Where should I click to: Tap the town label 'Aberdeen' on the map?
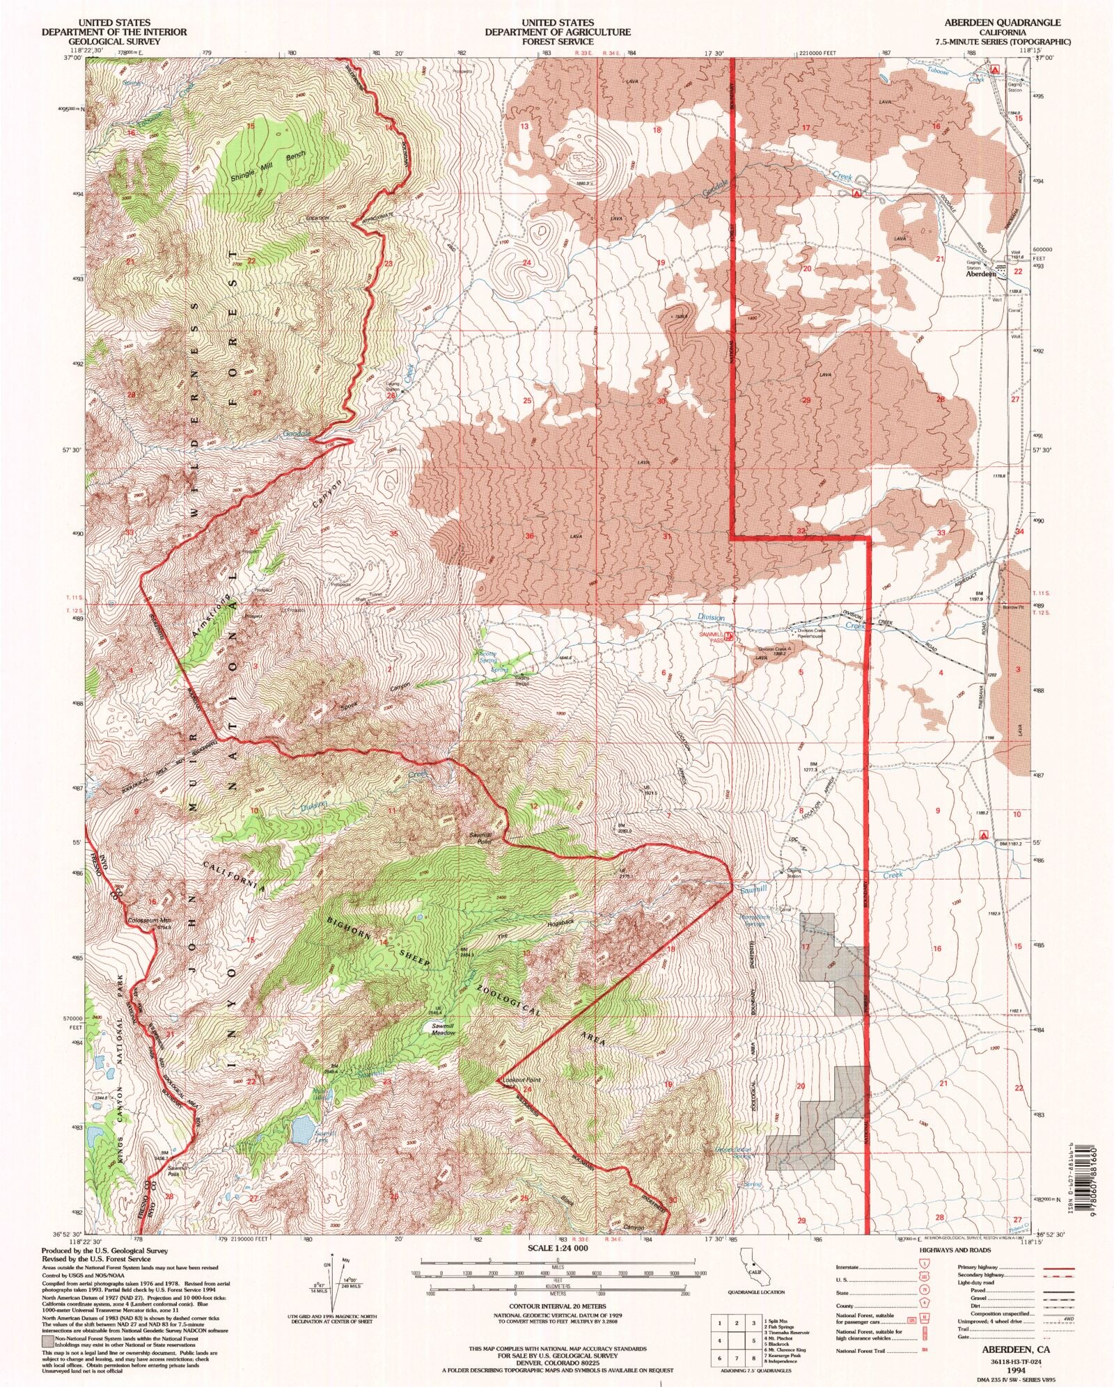pyautogui.click(x=982, y=274)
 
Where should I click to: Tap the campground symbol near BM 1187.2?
pyautogui.click(x=984, y=834)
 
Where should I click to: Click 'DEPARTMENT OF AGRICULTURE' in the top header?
pyautogui.click(x=558, y=32)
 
